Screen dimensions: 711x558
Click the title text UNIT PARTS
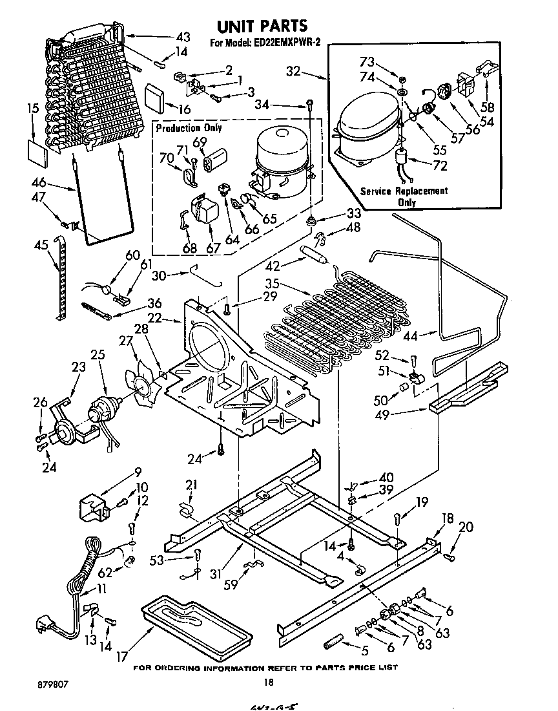pyautogui.click(x=262, y=27)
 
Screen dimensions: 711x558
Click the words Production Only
pyautogui.click(x=189, y=128)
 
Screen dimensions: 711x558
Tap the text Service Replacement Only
pyautogui.click(x=404, y=196)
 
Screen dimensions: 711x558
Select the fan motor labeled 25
pyautogui.click(x=103, y=410)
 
